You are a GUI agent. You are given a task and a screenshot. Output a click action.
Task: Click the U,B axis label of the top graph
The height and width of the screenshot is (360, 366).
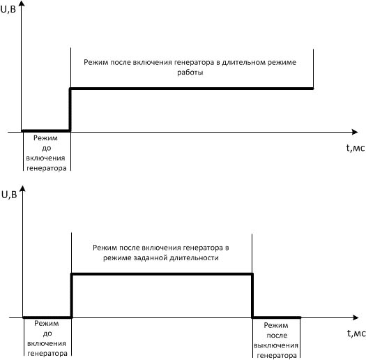8,9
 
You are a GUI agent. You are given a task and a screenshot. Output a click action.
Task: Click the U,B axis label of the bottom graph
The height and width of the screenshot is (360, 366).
9,195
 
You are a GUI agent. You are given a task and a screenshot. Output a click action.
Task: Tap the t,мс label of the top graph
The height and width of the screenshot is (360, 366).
356,148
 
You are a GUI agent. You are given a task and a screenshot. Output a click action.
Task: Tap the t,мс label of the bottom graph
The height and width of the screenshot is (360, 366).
356,333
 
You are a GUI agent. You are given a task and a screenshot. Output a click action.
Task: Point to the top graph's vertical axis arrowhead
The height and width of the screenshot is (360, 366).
22,3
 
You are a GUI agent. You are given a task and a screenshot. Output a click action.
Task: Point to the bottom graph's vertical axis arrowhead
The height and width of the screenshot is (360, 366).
22,189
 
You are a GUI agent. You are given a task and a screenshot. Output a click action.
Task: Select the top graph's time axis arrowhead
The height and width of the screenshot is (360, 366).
355,132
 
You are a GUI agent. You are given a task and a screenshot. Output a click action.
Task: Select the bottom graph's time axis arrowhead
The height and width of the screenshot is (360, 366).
356,317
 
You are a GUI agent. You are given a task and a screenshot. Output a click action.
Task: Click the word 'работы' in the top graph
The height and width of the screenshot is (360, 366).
190,73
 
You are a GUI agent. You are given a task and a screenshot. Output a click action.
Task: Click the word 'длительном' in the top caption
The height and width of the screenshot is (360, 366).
243,62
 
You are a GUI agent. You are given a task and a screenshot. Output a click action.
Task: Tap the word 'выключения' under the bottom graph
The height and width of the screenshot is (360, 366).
276,345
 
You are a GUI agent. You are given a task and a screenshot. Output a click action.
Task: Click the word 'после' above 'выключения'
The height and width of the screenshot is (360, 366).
277,336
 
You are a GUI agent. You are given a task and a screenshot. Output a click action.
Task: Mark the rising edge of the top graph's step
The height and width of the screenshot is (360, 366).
70,110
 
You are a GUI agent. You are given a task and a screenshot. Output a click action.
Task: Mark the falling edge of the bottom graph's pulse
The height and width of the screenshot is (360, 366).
252,296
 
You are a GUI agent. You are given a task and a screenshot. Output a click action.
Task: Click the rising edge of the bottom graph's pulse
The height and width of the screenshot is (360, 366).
71,296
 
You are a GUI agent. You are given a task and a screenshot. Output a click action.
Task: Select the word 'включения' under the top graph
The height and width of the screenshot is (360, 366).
45,158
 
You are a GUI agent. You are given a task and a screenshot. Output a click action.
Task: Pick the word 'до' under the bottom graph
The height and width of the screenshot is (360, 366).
47,333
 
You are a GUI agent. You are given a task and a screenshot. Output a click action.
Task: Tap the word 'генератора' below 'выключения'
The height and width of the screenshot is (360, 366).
277,356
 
